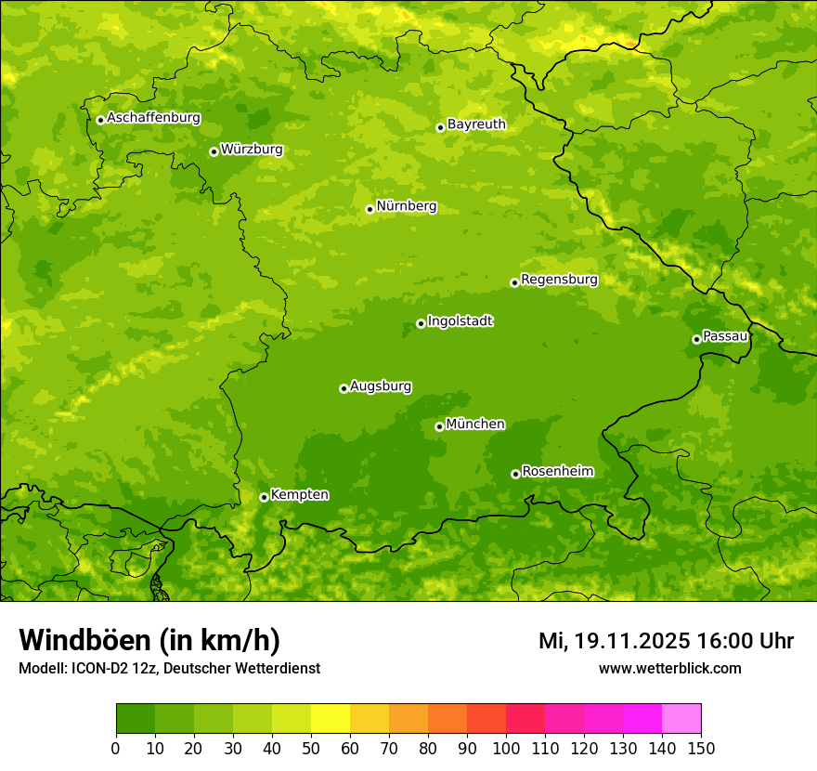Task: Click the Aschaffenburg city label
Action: coord(153,118)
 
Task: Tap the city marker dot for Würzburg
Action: coord(214,151)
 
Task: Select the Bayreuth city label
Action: coord(476,124)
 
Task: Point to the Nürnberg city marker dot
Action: coord(370,209)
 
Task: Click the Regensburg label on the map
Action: coord(559,280)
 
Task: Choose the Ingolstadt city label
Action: coord(460,321)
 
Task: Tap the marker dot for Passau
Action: coord(696,339)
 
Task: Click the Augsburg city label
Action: coord(381,386)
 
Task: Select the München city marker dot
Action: coord(439,426)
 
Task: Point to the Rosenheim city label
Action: coord(557,472)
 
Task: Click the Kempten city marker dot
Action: coord(264,497)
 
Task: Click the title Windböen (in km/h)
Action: coord(149,640)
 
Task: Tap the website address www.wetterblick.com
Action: coord(669,668)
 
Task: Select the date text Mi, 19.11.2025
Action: coord(614,641)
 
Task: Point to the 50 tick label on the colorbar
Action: coord(311,748)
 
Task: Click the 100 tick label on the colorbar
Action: coord(506,748)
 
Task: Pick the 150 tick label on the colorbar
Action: coord(701,748)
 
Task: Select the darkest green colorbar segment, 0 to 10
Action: coord(136,718)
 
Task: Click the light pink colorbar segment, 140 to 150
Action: coord(681,718)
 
